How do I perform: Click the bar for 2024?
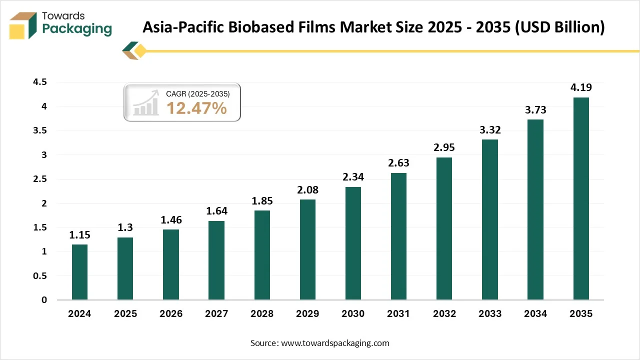pos(79,272)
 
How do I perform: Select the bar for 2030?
pos(353,243)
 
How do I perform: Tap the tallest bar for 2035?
pos(581,198)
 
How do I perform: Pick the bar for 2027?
pos(216,260)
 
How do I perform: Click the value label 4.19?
pos(581,88)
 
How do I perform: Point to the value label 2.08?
pos(307,190)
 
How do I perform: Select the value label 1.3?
pos(125,228)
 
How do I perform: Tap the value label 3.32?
pos(490,130)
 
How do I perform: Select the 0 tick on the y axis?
pos(44,300)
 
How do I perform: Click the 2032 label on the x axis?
pos(444,314)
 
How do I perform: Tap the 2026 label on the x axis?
pos(170,314)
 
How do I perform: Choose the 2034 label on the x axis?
pos(535,314)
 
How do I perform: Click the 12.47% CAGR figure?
pos(196,108)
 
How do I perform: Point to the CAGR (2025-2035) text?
pos(198,93)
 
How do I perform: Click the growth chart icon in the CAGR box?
pos(145,103)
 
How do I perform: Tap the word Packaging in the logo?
pos(77,29)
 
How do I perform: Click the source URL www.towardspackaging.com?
pos(335,343)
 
